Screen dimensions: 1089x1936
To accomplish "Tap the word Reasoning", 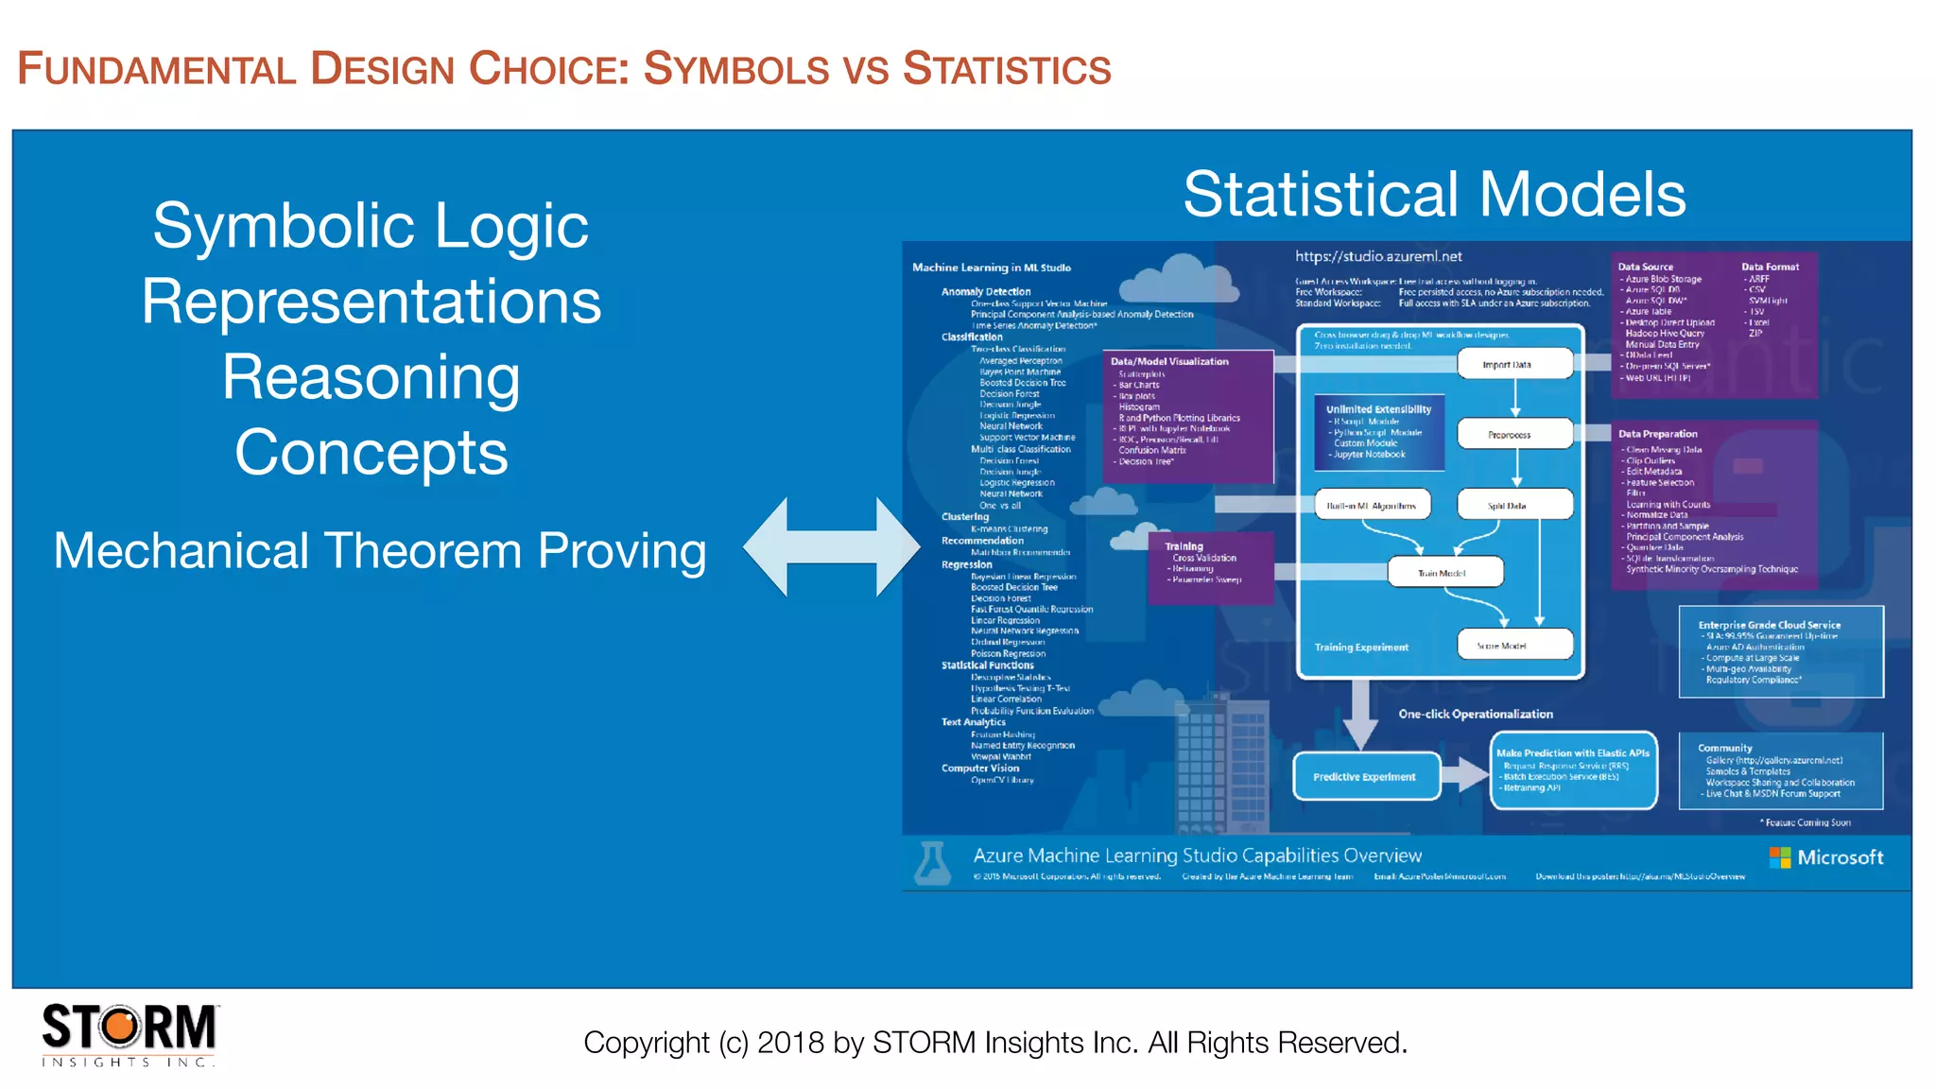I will (x=371, y=378).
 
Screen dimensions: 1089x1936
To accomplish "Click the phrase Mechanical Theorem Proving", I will (x=379, y=551).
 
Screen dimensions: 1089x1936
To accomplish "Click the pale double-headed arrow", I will (x=831, y=547).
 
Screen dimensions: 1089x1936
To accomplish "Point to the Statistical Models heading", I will (x=1434, y=195).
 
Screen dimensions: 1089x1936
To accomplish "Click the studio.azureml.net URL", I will (x=1377, y=256).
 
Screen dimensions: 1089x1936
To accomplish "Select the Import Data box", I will (x=1514, y=364).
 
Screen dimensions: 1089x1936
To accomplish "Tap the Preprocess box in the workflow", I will (x=1514, y=435).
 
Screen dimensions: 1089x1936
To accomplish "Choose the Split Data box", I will (x=1514, y=506).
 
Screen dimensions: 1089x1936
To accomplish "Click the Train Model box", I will (x=1444, y=573).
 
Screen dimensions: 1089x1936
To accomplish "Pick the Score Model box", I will (x=1514, y=646).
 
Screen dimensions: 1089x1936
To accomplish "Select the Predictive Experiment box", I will (x=1365, y=777).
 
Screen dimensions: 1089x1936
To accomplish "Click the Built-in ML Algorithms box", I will (x=1372, y=506).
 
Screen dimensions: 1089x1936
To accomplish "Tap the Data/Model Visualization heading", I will (x=1169, y=361).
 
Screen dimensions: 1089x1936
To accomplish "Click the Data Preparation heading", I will (x=1657, y=434).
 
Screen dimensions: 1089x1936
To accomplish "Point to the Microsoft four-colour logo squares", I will (x=1780, y=857).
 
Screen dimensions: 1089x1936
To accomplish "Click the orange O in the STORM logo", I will (x=120, y=1027).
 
